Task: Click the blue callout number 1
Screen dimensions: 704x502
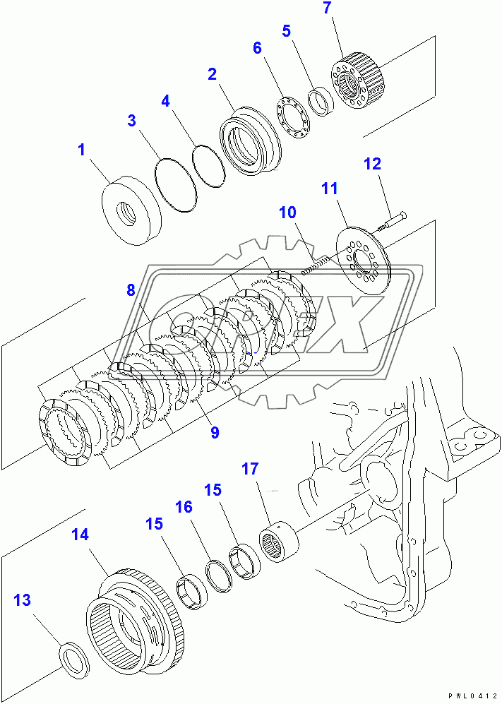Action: click(81, 150)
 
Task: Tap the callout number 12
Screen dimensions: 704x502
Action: click(372, 165)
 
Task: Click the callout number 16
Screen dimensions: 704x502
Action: click(184, 507)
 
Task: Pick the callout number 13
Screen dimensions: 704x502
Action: click(23, 600)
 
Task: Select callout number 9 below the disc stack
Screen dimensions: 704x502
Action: click(214, 432)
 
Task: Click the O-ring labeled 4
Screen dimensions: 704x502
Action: click(209, 167)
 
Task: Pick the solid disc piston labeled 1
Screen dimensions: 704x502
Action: click(131, 210)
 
